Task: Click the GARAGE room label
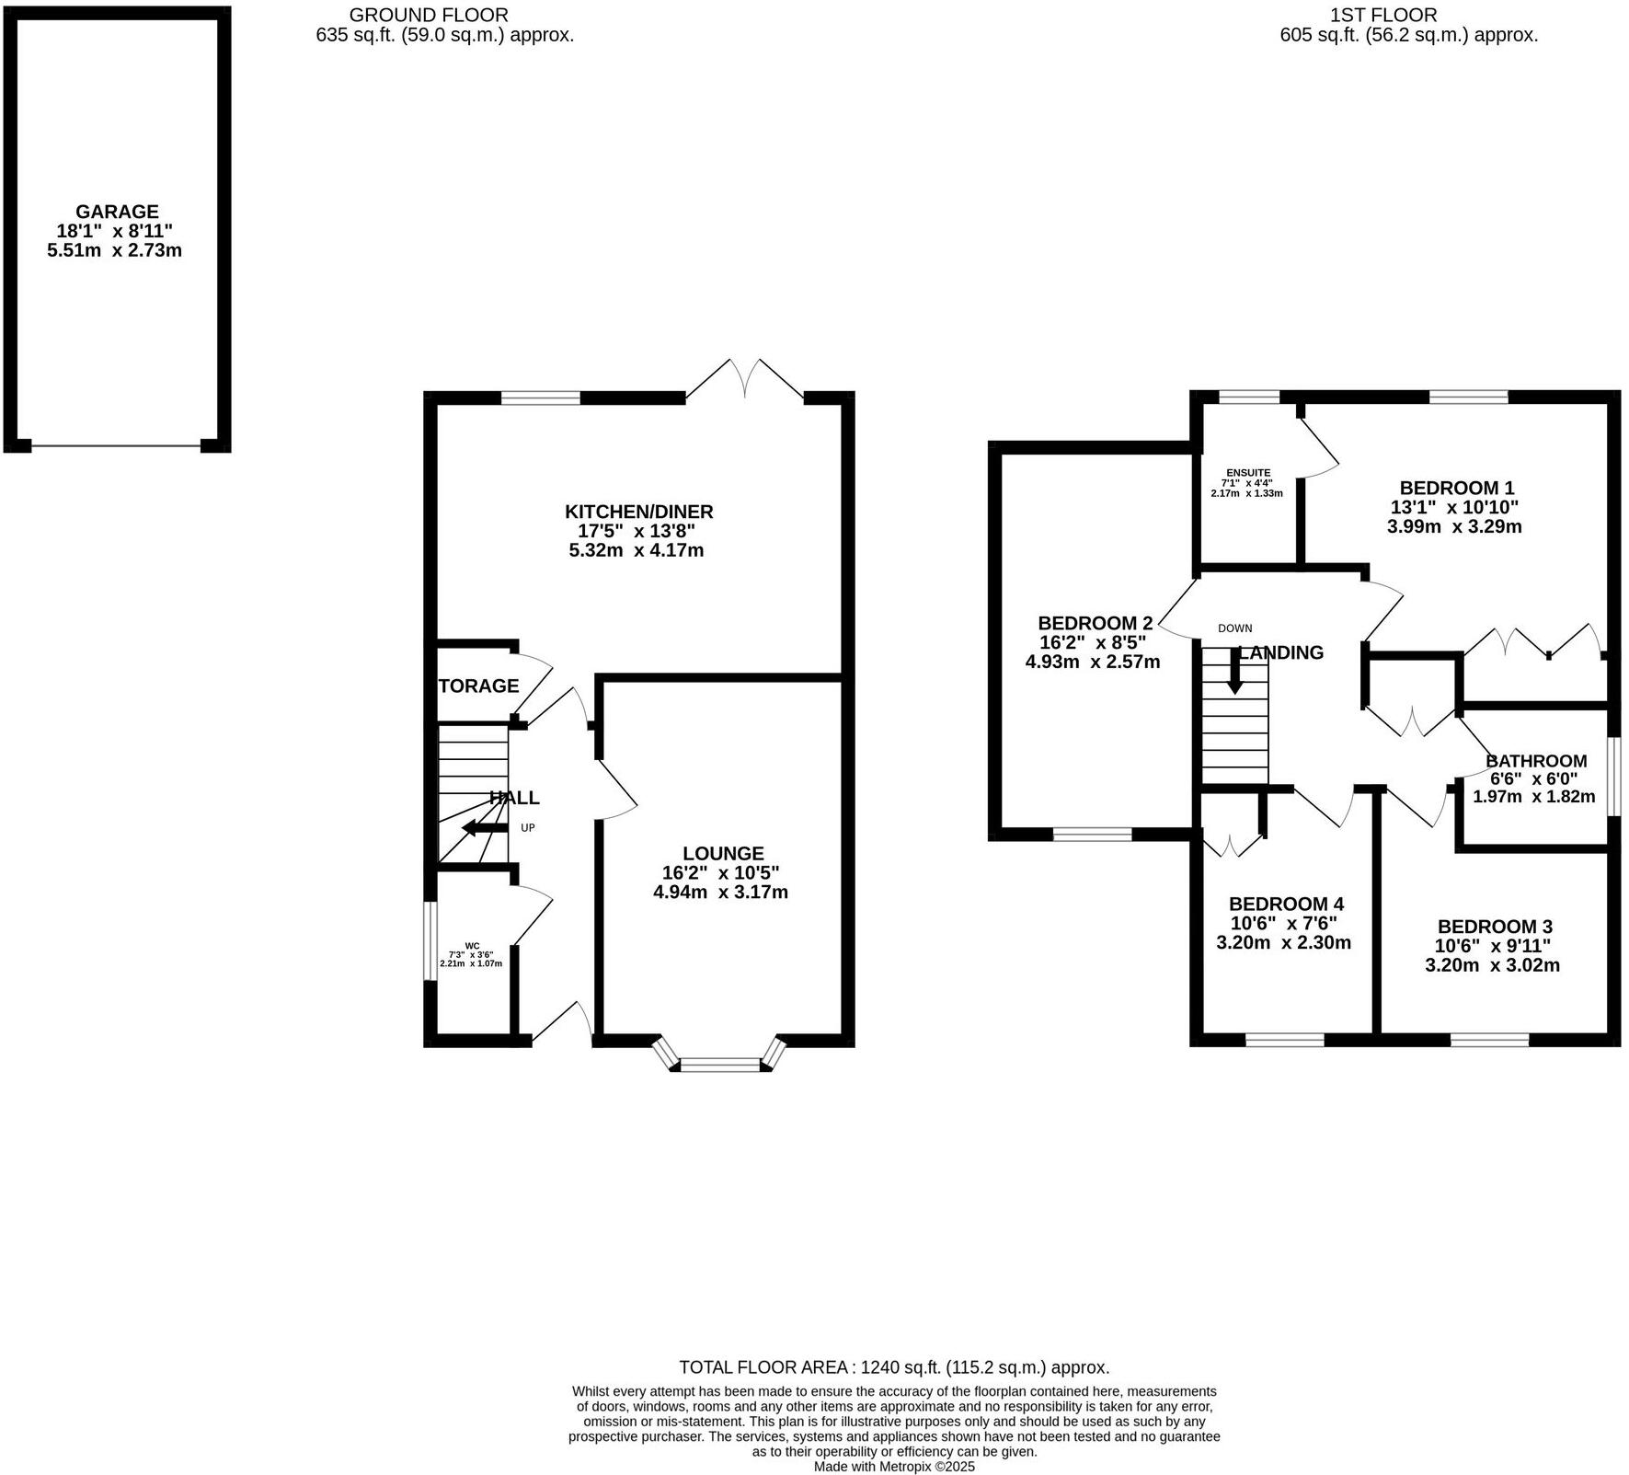coord(117,212)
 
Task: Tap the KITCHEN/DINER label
coord(638,512)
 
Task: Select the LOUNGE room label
coord(723,854)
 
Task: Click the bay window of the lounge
coord(720,1065)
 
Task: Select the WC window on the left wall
coord(430,940)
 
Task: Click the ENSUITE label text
coord(1247,473)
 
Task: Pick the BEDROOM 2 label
coord(1095,623)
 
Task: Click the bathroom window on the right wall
coord(1612,775)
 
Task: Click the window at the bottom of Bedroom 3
coord(1489,1040)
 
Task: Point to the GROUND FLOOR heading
coord(428,15)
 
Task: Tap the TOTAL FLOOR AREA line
coord(894,1367)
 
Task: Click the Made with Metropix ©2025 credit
coord(894,1467)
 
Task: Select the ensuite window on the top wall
coord(1248,398)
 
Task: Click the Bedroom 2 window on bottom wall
coord(1092,835)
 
